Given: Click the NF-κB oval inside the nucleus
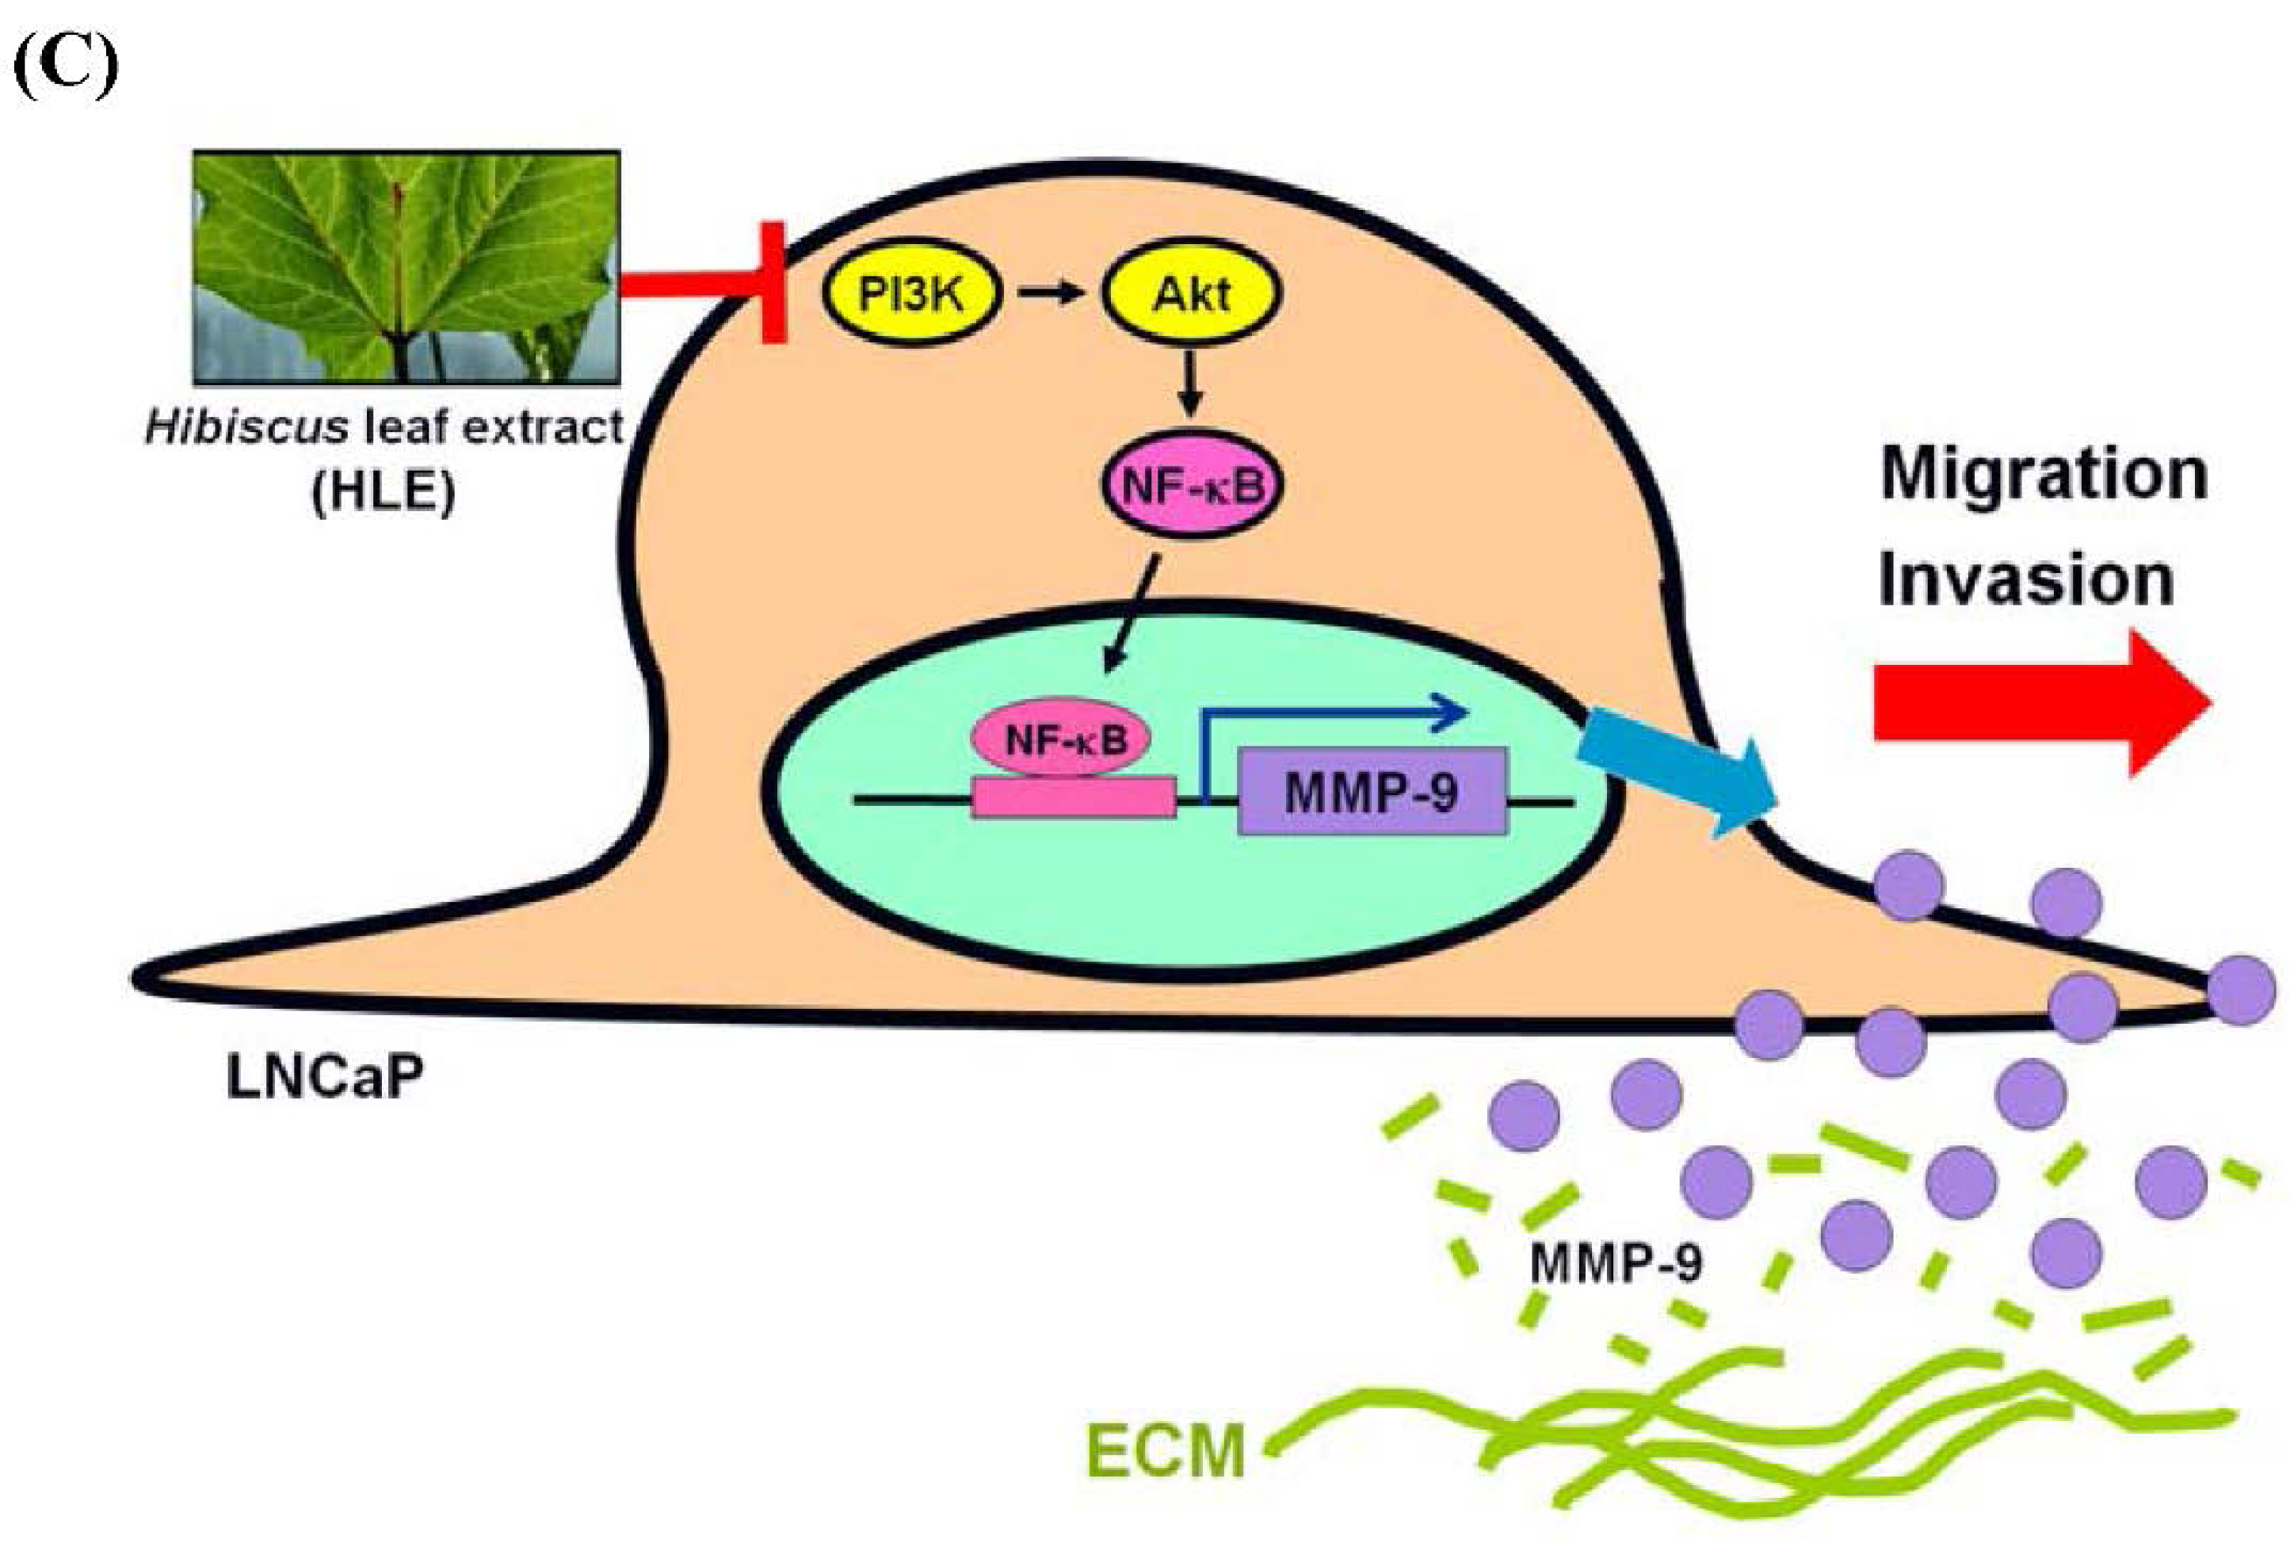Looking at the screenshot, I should pos(1063,739).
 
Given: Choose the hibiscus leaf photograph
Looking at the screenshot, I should pos(406,266).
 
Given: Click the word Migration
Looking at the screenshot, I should pos(2044,476).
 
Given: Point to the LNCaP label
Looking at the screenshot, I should pos(325,1076).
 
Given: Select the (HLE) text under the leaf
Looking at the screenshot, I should pos(384,490).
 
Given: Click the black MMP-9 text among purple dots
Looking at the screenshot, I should pos(1616,1262).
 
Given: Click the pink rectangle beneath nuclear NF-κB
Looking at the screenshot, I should pos(1074,797).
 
